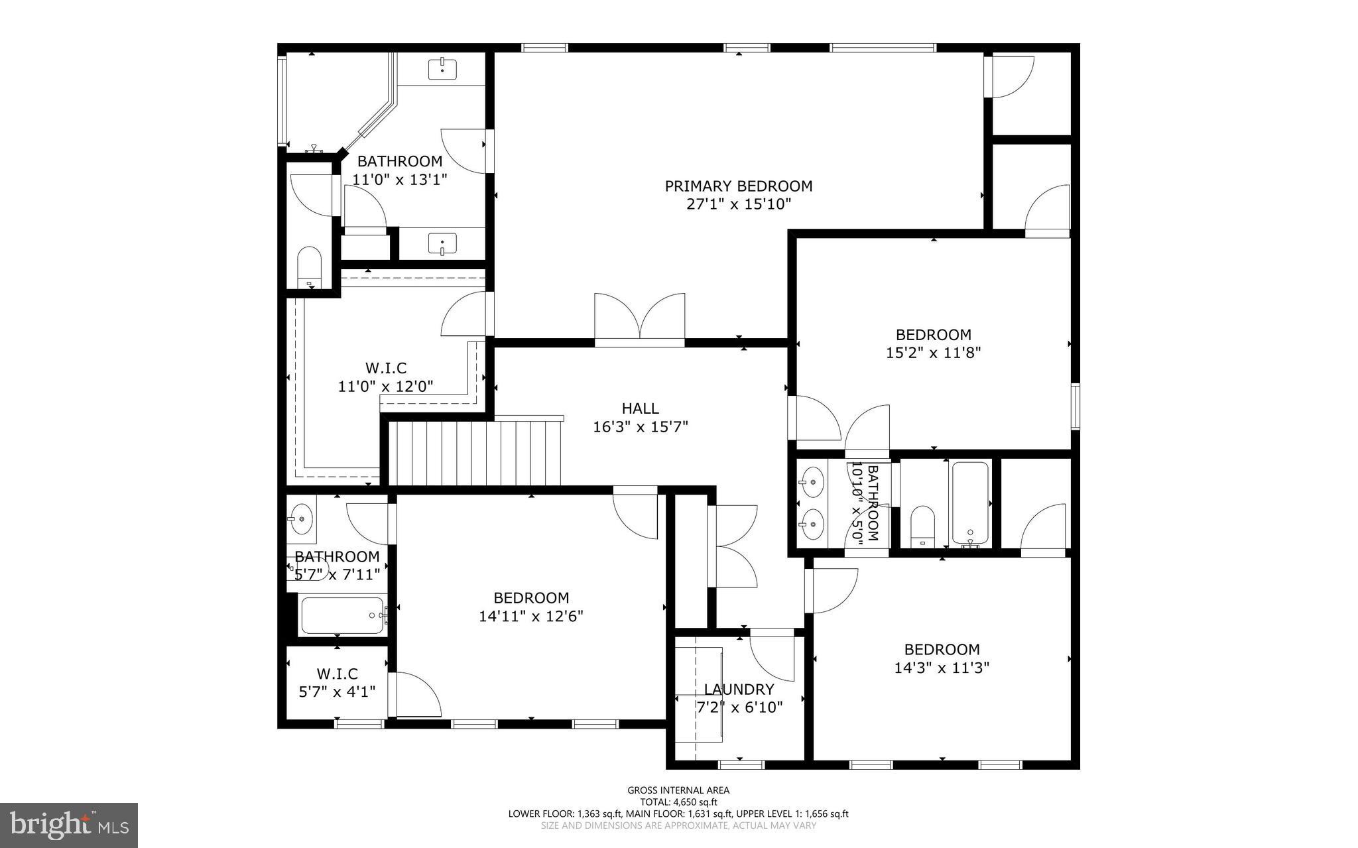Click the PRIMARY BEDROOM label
tap(738, 186)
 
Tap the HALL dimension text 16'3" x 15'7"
tap(640, 427)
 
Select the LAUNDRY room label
tap(739, 690)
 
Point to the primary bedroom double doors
tap(639, 318)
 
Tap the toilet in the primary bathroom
tap(309, 266)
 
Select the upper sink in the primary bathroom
tap(442, 68)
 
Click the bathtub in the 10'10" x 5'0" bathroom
tap(970, 503)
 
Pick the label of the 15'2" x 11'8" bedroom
tap(933, 335)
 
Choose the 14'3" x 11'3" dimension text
tap(941, 668)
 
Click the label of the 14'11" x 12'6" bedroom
tap(530, 598)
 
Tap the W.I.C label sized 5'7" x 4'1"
tap(337, 674)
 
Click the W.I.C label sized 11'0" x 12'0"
tap(385, 368)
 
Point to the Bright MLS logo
tap(69, 825)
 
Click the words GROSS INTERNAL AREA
tap(678, 790)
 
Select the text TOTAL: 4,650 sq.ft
tap(678, 802)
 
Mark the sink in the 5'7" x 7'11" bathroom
tap(302, 517)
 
